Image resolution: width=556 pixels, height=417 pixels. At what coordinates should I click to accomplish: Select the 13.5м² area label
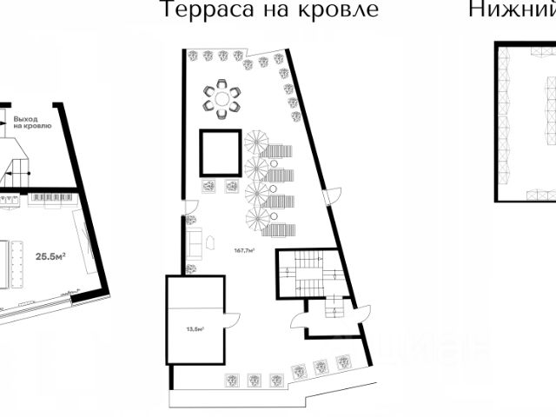point(195,329)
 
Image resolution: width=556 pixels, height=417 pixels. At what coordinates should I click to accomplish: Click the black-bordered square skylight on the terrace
point(221,154)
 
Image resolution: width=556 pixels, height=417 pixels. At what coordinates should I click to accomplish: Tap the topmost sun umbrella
point(257,142)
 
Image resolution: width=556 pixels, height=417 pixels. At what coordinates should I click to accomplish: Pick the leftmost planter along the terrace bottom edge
point(232,379)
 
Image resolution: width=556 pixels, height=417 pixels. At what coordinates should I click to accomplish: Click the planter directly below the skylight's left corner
point(209,185)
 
